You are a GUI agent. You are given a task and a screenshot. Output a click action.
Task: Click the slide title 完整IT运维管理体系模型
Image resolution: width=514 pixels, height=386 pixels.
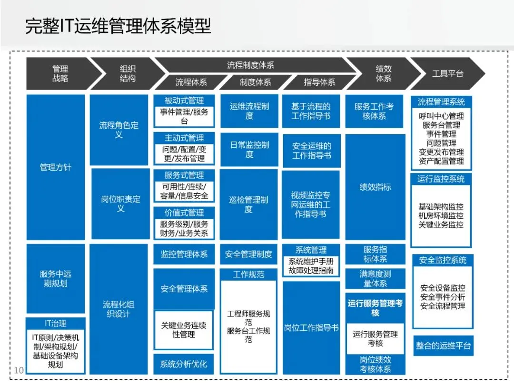click(118, 26)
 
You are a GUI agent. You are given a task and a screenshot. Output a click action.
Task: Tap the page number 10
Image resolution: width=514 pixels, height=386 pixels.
click(19, 370)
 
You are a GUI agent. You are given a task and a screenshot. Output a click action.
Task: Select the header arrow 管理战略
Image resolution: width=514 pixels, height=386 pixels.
click(60, 73)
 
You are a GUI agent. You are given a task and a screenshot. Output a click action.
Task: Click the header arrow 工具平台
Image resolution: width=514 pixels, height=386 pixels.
click(447, 74)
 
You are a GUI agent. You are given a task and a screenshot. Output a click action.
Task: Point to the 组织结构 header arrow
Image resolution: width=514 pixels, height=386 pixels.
click(128, 73)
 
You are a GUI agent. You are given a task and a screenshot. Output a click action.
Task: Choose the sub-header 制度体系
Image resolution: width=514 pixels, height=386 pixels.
click(255, 82)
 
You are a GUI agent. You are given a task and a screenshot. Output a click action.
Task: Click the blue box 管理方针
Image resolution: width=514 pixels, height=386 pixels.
click(56, 167)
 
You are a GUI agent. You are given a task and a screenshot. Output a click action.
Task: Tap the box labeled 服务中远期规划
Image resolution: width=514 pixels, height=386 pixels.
click(56, 278)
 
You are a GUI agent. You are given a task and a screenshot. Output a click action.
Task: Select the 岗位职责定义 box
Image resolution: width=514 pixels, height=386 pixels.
click(120, 203)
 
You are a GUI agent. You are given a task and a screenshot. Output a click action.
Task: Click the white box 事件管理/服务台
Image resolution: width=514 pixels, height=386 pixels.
click(184, 116)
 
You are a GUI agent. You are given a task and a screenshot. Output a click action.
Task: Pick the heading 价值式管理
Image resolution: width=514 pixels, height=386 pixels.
click(184, 213)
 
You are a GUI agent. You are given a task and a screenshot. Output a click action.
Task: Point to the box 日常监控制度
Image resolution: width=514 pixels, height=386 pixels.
click(249, 150)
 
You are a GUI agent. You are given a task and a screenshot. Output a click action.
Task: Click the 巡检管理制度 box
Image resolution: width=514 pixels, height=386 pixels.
click(248, 204)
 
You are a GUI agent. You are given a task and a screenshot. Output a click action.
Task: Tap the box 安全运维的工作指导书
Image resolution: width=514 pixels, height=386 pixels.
click(311, 151)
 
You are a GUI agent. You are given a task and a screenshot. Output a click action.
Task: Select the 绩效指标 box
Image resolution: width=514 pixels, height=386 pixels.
click(375, 187)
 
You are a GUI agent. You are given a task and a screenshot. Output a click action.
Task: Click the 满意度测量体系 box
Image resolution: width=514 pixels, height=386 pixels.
click(375, 279)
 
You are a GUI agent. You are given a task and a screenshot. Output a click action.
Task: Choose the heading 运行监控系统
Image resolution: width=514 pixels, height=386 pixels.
click(441, 179)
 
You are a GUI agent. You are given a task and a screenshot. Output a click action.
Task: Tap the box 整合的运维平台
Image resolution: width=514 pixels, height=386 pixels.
click(443, 345)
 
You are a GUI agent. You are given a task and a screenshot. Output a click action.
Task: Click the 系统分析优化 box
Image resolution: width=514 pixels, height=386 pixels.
click(184, 364)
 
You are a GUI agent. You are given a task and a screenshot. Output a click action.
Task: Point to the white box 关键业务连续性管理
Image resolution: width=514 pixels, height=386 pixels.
click(184, 330)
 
